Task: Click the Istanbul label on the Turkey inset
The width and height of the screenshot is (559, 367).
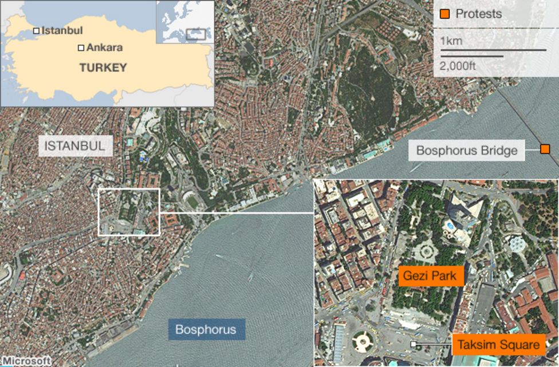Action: point(62,30)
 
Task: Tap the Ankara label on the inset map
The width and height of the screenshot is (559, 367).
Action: point(104,48)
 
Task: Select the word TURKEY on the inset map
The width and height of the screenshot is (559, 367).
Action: point(103,68)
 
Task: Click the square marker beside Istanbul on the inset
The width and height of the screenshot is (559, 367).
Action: point(36,30)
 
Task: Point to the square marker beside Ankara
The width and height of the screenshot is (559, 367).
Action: point(81,48)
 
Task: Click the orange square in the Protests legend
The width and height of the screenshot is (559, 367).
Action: point(444,14)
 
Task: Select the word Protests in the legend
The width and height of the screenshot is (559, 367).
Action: point(478,14)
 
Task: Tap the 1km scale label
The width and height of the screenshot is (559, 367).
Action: point(451,41)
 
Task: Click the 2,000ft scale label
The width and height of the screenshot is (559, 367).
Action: point(458,66)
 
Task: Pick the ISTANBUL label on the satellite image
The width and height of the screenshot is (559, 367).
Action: point(74,146)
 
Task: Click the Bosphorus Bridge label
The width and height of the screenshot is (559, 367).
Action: point(467,151)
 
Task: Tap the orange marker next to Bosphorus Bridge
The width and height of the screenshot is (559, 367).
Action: point(545,149)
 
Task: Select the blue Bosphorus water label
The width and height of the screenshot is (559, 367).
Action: point(206,330)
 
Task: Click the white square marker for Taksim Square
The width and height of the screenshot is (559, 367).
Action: point(412,344)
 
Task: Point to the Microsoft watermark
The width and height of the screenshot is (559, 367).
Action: point(26,361)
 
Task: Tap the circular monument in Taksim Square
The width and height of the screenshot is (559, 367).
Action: point(362,342)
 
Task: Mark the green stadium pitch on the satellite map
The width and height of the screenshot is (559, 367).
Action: point(192,202)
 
